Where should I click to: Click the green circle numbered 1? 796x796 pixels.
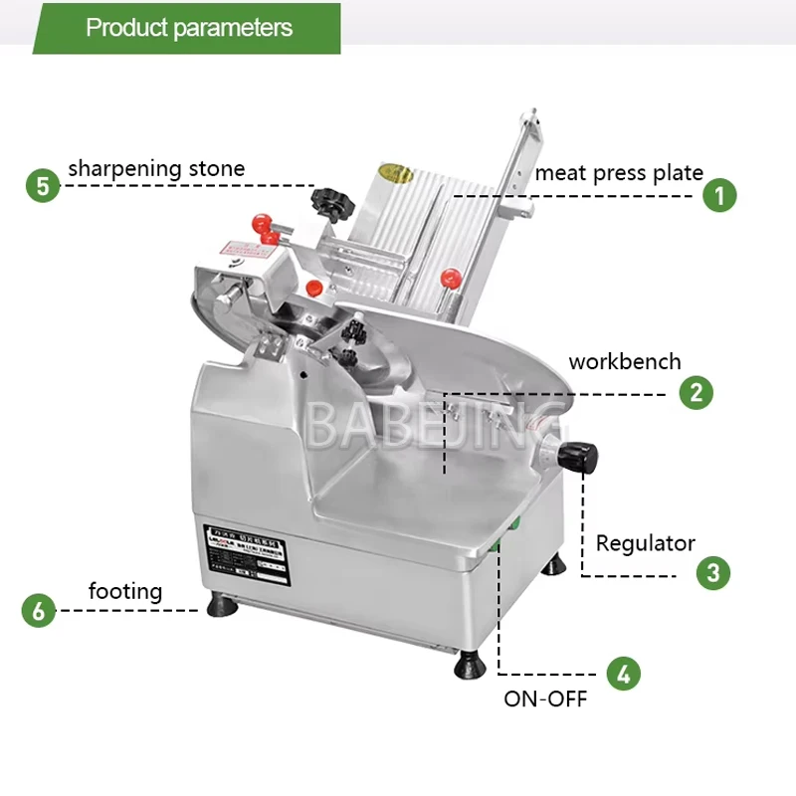[720, 194]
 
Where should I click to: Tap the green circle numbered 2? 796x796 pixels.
[696, 391]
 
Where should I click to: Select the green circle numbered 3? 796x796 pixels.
[712, 572]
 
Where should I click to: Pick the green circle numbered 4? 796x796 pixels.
[623, 674]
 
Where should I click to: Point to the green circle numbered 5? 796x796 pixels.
[43, 185]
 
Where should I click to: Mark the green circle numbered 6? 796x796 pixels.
[38, 609]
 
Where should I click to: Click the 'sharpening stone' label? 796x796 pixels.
[156, 168]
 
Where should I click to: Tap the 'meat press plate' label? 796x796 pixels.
[619, 172]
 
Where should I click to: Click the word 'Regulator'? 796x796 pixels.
[645, 543]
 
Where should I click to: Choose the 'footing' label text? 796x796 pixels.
[125, 591]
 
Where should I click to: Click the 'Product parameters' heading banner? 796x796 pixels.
[189, 28]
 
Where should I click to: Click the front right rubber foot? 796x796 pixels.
[468, 665]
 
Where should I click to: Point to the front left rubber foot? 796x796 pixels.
[222, 605]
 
